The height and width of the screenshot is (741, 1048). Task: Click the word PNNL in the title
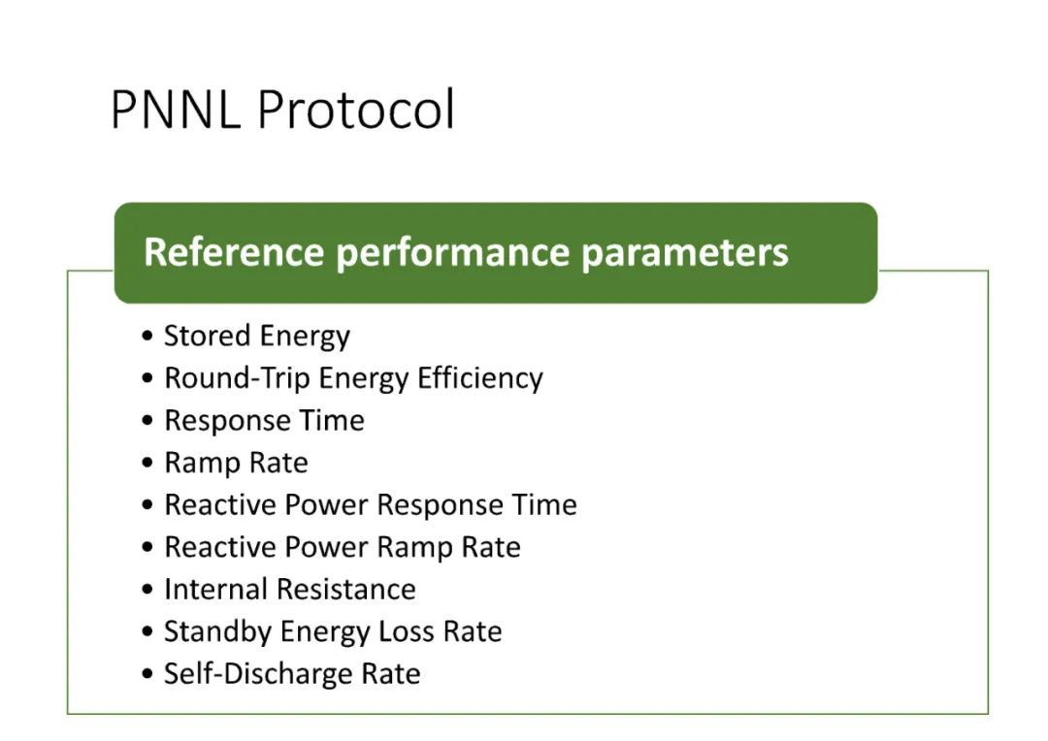(x=176, y=109)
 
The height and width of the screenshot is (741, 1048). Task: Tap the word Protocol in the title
(x=356, y=109)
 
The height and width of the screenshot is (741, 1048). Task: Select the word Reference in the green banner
(x=234, y=252)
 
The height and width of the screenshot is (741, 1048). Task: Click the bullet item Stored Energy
(x=257, y=337)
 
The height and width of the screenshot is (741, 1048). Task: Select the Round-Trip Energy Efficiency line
(x=353, y=379)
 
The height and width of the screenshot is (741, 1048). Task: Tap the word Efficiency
(x=480, y=379)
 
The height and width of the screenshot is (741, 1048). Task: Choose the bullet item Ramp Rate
(x=237, y=463)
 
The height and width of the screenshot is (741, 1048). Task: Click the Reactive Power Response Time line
(x=371, y=505)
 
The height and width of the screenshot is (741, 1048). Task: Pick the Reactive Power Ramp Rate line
(x=343, y=547)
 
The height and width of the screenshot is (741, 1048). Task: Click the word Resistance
(x=346, y=590)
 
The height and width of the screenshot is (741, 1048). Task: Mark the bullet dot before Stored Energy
(x=147, y=336)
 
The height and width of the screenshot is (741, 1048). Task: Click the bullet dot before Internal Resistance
(x=147, y=590)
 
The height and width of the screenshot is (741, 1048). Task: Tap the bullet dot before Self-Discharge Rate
(x=147, y=673)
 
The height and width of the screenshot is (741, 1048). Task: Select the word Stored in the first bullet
(x=206, y=336)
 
